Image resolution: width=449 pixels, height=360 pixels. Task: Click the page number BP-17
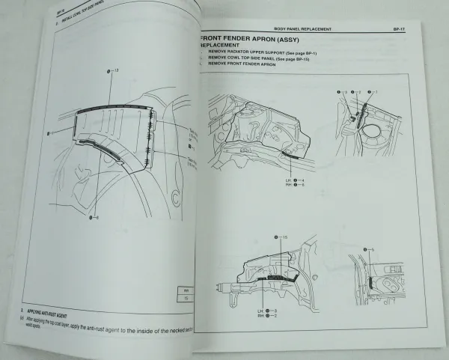(x=400, y=29)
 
